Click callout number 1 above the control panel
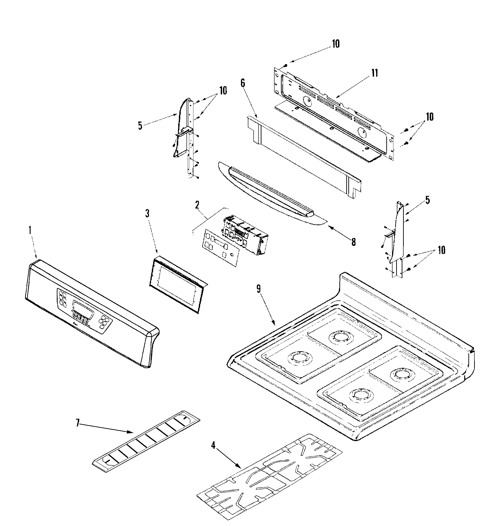(x=30, y=230)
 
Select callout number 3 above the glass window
(x=147, y=213)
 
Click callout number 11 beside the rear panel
(x=375, y=73)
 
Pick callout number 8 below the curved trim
(x=353, y=242)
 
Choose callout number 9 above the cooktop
(x=258, y=289)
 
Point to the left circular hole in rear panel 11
(x=307, y=101)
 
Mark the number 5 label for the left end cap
(x=140, y=125)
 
